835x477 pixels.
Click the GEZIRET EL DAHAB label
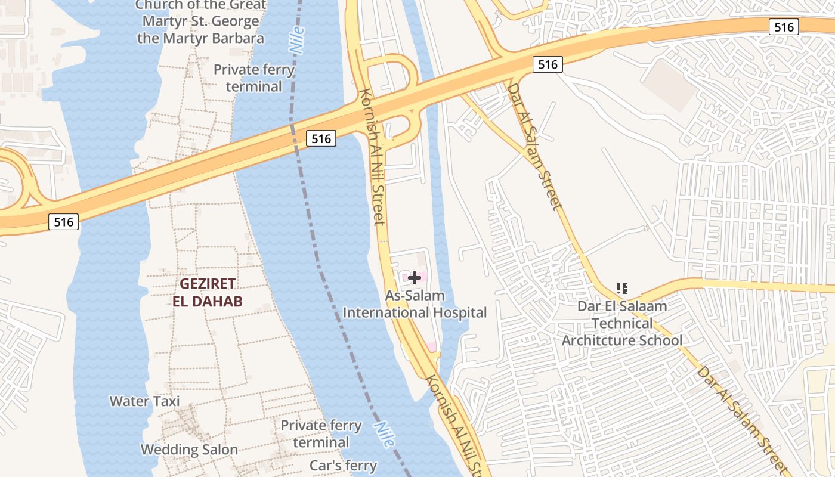click(208, 292)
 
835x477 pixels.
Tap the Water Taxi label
click(144, 401)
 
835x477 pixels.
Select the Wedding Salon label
click(189, 450)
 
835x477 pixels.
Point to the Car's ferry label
click(343, 466)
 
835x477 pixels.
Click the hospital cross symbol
click(415, 277)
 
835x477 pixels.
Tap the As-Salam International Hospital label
click(415, 304)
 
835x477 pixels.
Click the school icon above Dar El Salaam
click(622, 289)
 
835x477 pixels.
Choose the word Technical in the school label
click(622, 324)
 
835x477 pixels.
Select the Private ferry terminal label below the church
click(254, 78)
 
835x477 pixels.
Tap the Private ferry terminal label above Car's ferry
click(321, 434)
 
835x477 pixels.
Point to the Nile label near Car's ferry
click(385, 434)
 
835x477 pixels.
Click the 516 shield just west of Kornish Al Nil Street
click(321, 139)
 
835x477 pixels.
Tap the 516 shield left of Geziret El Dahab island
click(63, 222)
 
